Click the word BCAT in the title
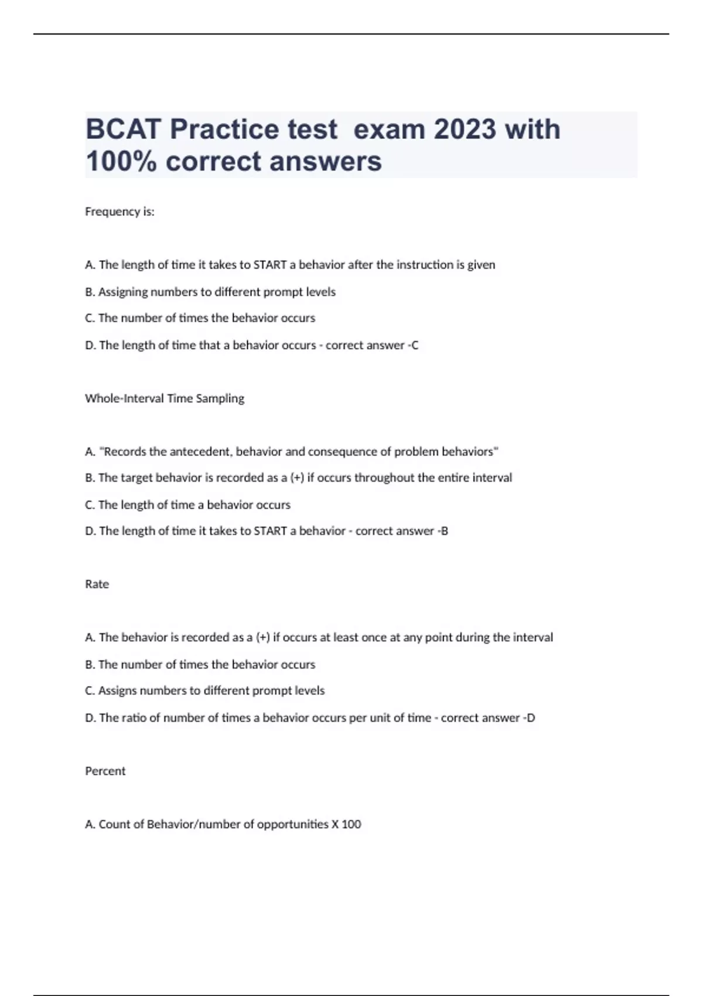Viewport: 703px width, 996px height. (x=123, y=129)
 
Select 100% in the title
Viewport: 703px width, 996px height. (x=121, y=161)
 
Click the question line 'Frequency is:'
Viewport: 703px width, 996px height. (x=120, y=212)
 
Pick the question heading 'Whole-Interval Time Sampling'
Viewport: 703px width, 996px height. (x=165, y=398)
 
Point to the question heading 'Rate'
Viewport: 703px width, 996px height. (x=97, y=584)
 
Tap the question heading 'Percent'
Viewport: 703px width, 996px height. (x=105, y=771)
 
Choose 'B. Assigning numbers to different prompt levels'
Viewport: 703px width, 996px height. (x=210, y=292)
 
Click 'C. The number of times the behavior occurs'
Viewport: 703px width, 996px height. (x=200, y=318)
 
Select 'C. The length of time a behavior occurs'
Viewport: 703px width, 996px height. (x=187, y=504)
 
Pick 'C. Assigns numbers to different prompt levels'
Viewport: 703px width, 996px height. (x=204, y=691)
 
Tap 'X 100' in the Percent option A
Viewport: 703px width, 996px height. (x=346, y=824)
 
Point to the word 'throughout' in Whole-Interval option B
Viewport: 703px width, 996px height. (x=381, y=478)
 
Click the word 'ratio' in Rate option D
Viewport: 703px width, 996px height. (x=134, y=718)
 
